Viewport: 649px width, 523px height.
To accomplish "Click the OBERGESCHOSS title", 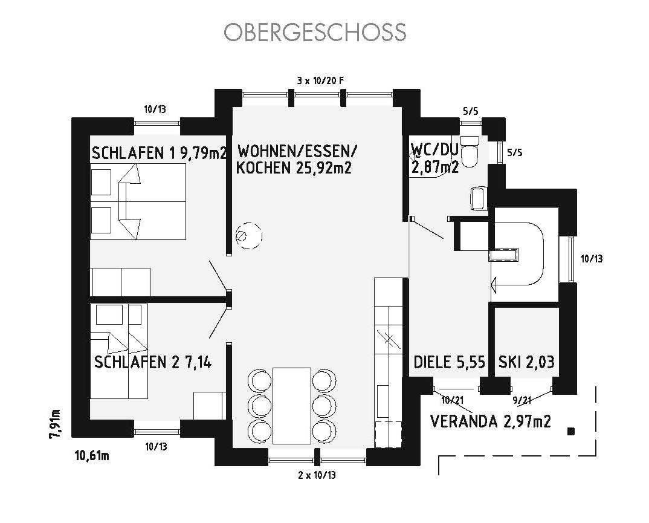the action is pos(315,32).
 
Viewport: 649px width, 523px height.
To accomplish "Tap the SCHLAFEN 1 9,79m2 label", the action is pos(160,153).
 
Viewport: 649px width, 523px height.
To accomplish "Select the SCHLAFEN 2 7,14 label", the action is pos(153,362).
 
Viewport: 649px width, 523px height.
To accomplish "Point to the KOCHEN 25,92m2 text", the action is pos(294,167).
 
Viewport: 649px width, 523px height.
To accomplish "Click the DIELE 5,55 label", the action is pos(449,362).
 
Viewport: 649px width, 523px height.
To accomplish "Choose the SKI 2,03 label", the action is pos(526,362).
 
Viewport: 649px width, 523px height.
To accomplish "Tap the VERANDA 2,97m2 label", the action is pos(491,421).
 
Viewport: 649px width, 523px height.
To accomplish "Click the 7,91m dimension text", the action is pos(56,423).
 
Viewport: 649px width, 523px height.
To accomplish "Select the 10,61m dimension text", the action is pos(92,456).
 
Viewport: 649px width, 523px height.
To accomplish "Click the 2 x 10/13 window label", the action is pos(317,475).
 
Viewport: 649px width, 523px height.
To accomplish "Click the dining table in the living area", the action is pos(292,406).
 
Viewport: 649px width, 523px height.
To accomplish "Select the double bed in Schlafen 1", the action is pos(138,202).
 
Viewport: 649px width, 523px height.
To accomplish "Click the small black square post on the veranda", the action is pos(571,432).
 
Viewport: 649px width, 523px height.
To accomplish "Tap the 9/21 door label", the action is pos(521,400).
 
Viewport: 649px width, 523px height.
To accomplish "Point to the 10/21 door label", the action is pos(453,400).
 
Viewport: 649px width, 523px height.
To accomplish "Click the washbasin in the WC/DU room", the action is pos(479,198).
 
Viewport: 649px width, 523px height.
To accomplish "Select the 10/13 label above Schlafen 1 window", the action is pos(155,109).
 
